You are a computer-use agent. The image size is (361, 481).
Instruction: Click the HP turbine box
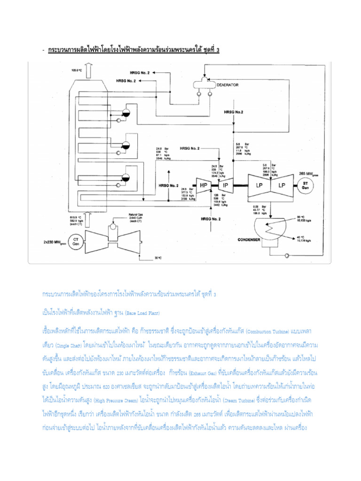click(204, 185)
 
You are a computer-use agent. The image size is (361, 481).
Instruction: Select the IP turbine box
click(225, 185)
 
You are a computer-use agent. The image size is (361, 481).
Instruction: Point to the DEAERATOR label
click(228, 85)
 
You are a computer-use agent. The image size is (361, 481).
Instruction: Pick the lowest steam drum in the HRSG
click(126, 177)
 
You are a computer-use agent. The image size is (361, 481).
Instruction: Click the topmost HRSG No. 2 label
click(139, 73)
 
